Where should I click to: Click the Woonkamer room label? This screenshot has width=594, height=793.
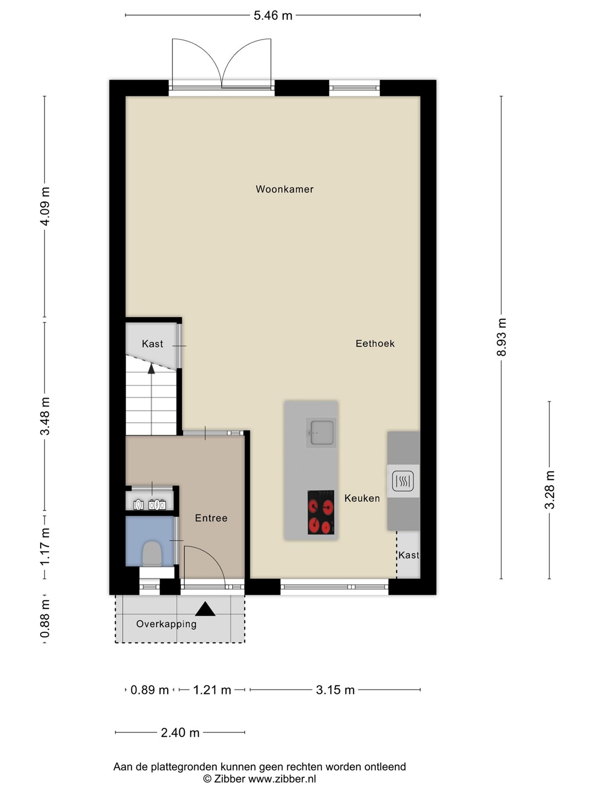[x=284, y=189]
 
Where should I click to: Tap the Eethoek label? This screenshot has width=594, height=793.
[x=375, y=343]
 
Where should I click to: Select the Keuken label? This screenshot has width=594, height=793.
[x=362, y=498]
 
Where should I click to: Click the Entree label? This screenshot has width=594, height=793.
[x=211, y=518]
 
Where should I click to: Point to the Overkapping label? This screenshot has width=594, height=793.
[x=166, y=624]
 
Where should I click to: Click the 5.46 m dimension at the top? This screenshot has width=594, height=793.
[x=273, y=15]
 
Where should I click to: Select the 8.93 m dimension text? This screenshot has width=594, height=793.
[x=502, y=337]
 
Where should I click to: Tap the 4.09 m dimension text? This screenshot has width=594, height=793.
[x=45, y=207]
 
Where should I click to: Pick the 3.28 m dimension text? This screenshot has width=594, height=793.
[x=549, y=490]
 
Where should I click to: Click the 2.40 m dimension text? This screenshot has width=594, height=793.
[x=180, y=732]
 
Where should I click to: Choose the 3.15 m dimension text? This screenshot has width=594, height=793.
[x=335, y=689]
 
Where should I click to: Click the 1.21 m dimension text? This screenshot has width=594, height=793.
[x=212, y=689]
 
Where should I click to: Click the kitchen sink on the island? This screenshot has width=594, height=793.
[x=321, y=432]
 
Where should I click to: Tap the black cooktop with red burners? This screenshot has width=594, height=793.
[x=321, y=512]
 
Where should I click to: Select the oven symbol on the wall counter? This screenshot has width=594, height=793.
[x=403, y=481]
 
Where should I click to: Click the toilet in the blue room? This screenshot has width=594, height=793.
[x=152, y=553]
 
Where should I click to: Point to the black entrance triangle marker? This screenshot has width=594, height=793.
[x=205, y=609]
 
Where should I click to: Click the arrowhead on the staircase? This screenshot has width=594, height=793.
[x=151, y=368]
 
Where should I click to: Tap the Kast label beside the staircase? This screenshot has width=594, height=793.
[x=152, y=344]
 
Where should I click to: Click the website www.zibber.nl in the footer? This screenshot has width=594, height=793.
[x=282, y=779]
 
